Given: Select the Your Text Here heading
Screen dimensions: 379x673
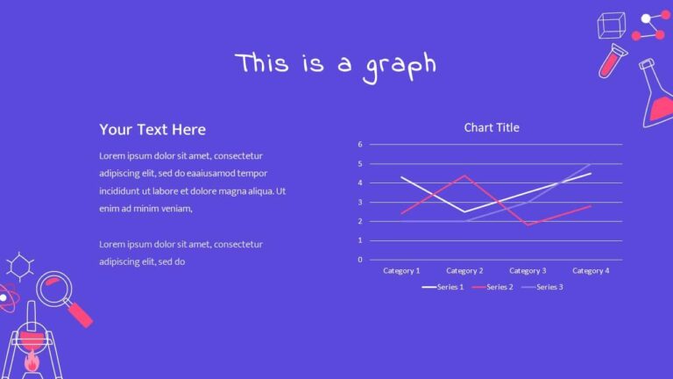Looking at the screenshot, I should [152, 130].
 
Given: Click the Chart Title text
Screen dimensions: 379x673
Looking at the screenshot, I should [491, 128].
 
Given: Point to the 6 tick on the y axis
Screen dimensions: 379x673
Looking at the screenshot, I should [360, 144].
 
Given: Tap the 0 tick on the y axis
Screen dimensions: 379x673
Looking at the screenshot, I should [360, 260].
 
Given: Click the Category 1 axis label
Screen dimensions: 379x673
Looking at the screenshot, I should [401, 271].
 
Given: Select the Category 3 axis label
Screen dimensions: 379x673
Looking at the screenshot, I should [528, 271].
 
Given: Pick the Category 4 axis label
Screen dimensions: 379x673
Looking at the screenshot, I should [590, 271].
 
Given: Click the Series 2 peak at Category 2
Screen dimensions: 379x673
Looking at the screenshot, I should [464, 175].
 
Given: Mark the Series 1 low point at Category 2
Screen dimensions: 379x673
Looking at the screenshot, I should [464, 211].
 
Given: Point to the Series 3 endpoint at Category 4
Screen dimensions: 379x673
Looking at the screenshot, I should [590, 164].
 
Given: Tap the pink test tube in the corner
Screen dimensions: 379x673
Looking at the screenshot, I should [611, 61].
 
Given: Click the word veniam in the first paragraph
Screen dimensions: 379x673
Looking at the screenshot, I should [171, 209].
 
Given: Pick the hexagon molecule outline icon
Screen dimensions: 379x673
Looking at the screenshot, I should [18, 266].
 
